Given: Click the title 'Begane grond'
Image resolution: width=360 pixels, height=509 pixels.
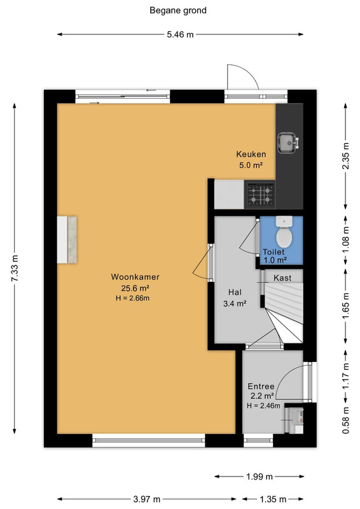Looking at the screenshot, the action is (x=178, y=10).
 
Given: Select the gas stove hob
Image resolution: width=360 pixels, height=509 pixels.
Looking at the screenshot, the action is (x=260, y=194).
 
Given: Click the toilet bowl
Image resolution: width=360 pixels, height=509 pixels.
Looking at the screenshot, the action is (x=284, y=233).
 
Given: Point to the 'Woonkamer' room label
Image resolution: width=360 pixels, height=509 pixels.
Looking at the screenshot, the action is (x=135, y=277).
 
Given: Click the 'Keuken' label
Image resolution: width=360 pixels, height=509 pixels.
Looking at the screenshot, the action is (x=251, y=154).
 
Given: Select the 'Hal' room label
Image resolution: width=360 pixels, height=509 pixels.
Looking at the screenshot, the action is (x=235, y=292).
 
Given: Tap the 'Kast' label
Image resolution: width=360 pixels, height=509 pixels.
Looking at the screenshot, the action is (x=282, y=278).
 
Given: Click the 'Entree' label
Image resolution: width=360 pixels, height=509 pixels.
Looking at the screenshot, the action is (x=261, y=386).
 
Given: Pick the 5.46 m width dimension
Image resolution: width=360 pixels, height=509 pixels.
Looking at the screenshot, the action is (x=180, y=34).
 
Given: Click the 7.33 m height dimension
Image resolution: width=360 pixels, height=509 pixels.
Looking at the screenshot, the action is (x=15, y=268).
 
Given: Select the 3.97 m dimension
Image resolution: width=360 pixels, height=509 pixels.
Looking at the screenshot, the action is (x=147, y=499).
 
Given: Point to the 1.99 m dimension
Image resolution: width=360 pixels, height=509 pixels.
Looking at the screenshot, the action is (x=260, y=477).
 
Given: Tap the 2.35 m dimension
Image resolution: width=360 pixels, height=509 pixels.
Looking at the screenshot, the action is (x=346, y=156).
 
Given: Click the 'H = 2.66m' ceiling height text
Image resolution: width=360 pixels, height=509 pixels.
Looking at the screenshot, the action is (x=132, y=298).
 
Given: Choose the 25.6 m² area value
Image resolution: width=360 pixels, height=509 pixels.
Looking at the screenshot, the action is (x=135, y=288).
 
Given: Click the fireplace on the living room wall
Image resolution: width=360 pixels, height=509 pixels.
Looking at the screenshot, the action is (x=67, y=240).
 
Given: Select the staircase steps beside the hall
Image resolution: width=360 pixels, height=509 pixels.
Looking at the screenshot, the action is (x=283, y=312).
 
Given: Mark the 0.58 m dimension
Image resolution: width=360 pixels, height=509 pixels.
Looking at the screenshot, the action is (x=346, y=421).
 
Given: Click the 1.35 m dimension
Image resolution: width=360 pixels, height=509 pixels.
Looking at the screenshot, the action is (x=273, y=499).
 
